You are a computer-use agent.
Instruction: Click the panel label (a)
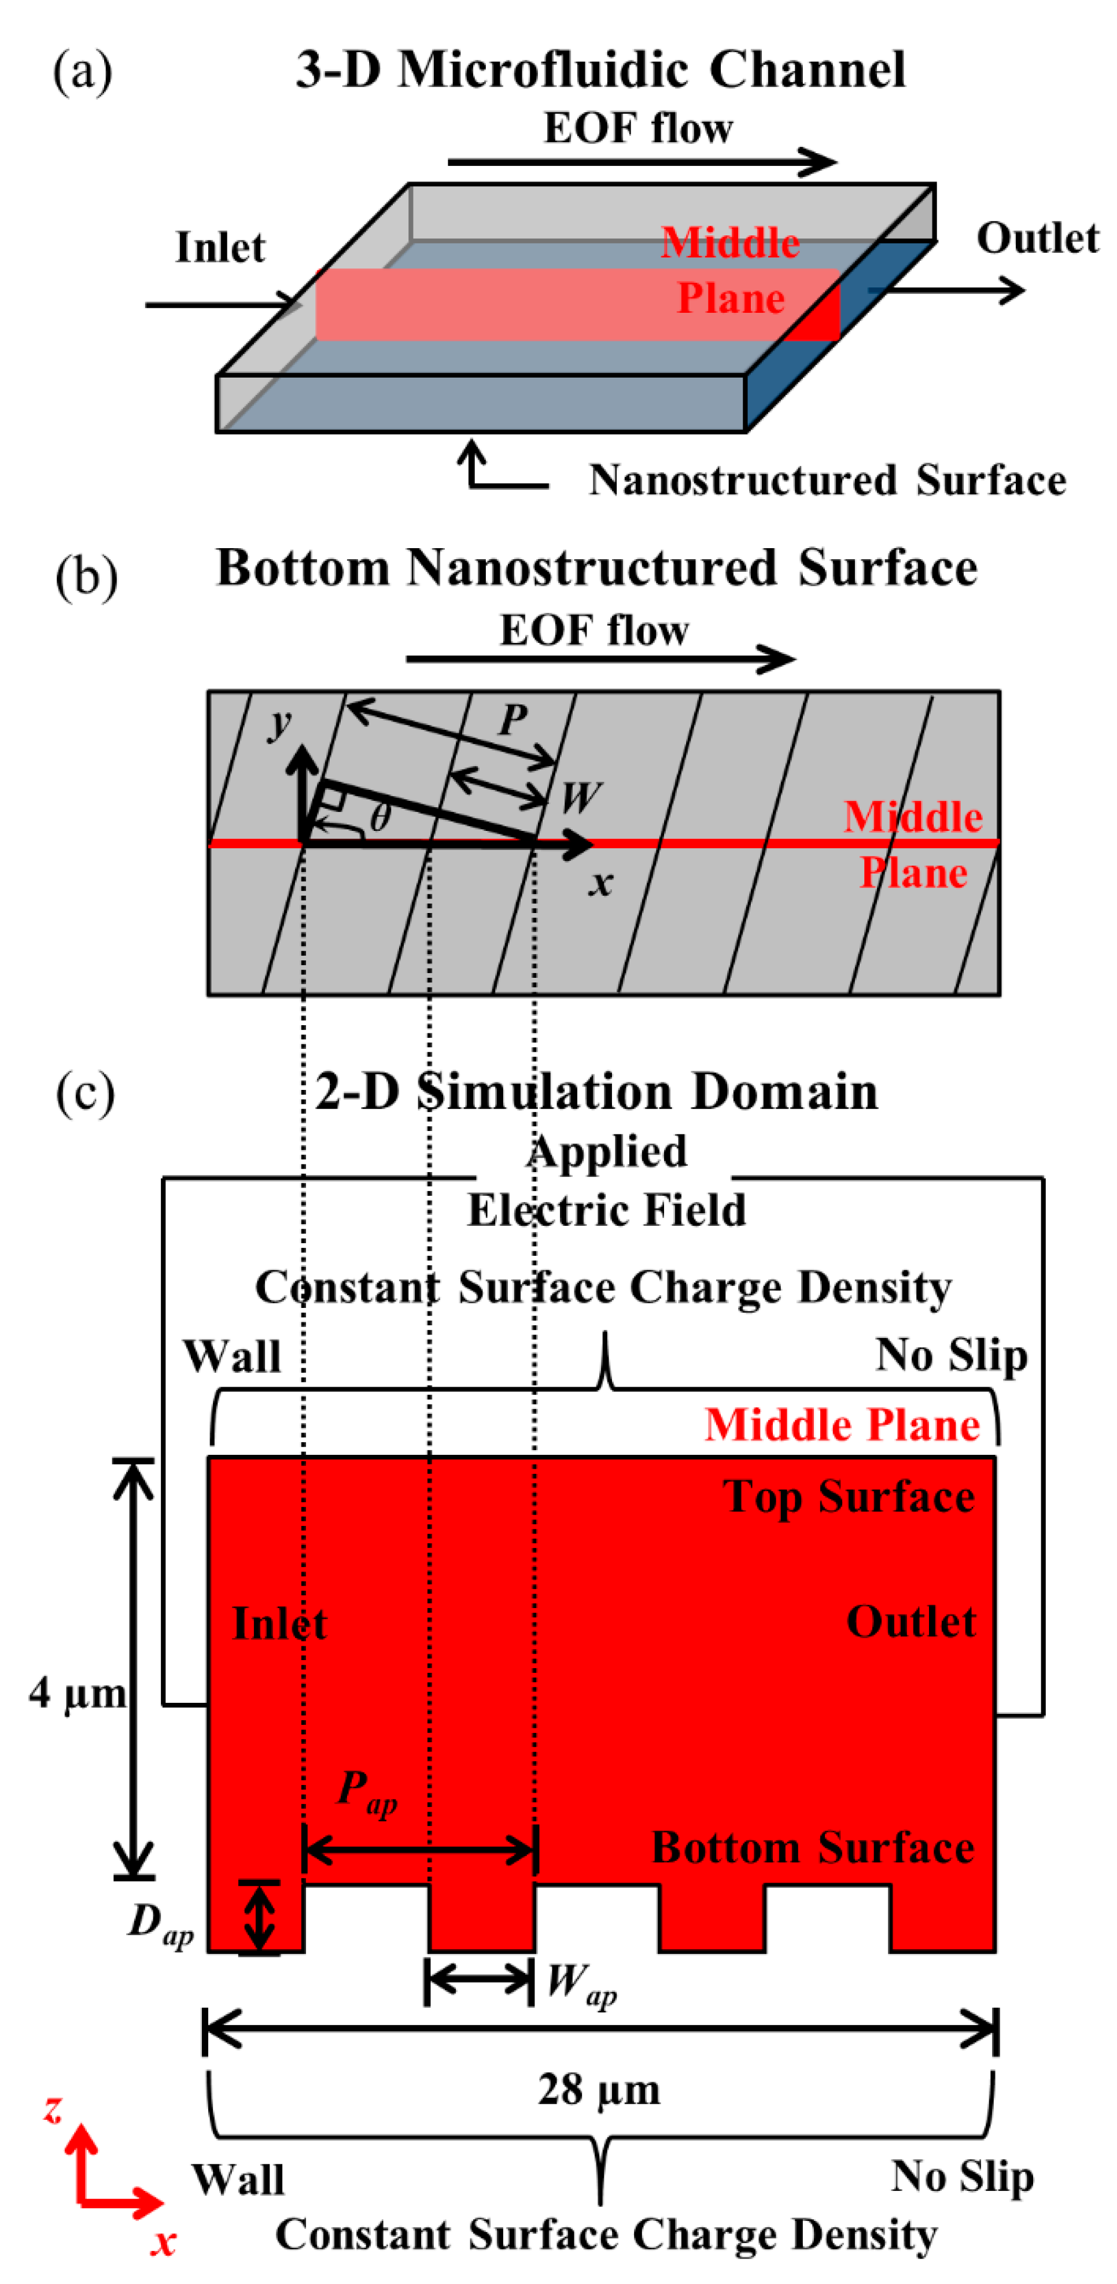pos(83,71)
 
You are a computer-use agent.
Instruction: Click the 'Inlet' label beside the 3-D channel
pos(220,247)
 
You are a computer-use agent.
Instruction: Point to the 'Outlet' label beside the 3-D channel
pos(1037,238)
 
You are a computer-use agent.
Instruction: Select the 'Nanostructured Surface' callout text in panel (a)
pos(827,480)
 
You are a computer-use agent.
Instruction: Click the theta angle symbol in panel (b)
pos(379,816)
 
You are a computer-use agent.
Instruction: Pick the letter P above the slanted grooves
pos(513,719)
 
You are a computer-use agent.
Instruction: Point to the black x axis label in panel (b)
pos(600,882)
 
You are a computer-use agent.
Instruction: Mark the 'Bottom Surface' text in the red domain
pos(813,1848)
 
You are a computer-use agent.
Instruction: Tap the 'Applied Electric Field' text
pos(607,1180)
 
